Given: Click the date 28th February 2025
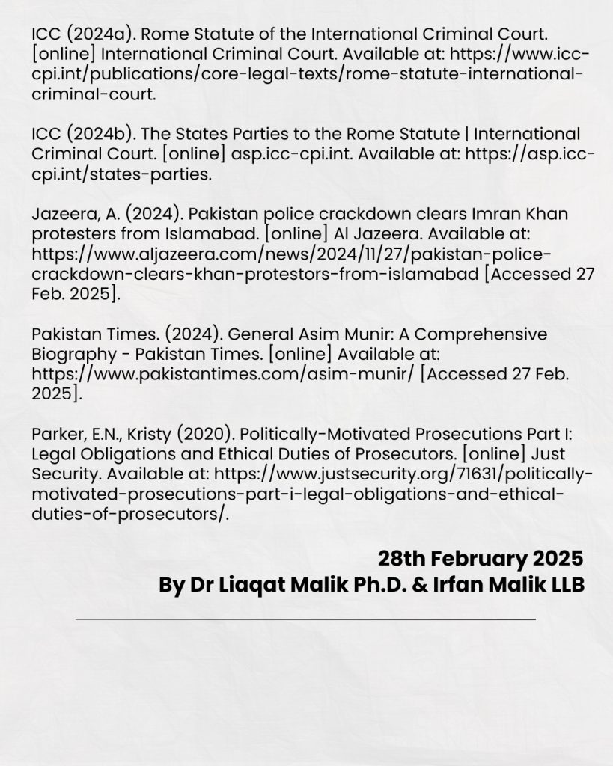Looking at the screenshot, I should [480, 558].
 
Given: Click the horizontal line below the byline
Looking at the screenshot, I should [305, 619].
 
